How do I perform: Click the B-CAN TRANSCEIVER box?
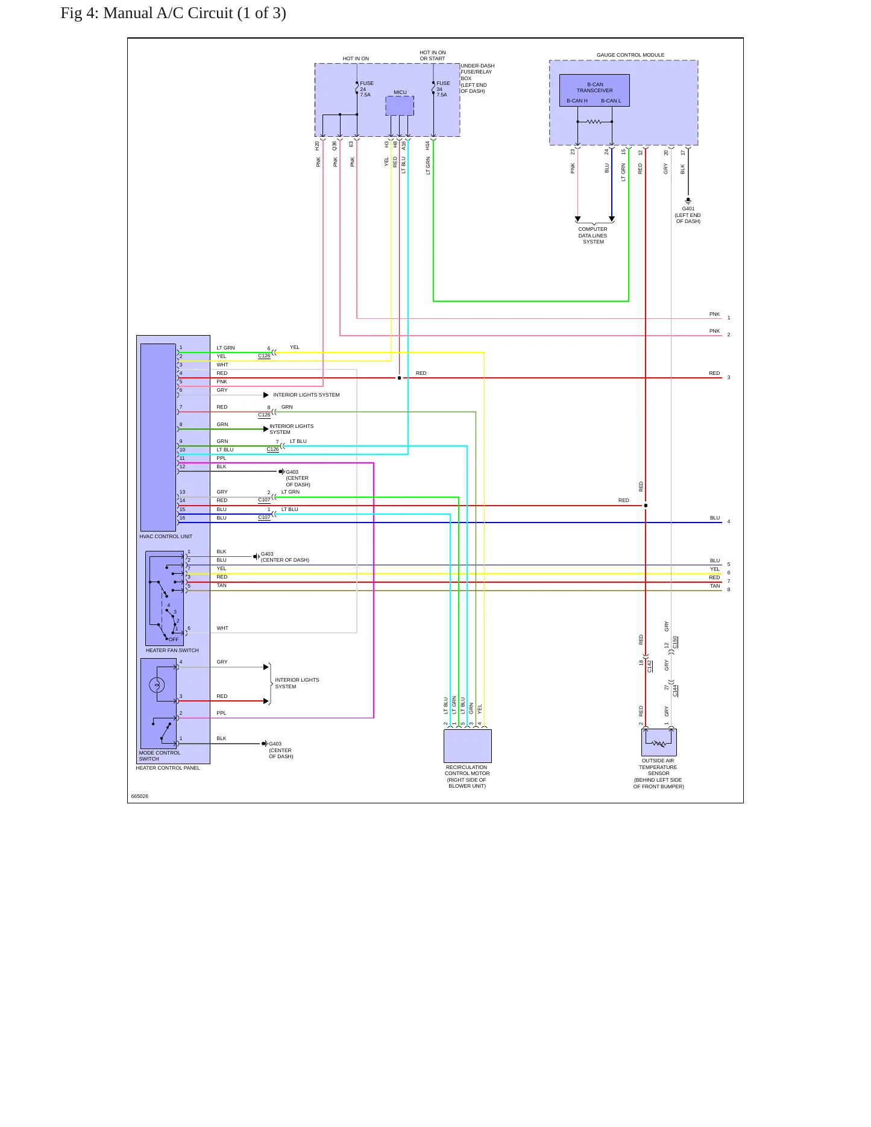click(x=594, y=90)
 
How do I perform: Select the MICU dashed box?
click(x=400, y=106)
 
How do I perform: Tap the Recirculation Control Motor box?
click(x=468, y=746)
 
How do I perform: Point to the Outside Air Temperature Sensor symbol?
click(x=659, y=742)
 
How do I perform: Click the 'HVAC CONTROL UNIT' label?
click(x=166, y=536)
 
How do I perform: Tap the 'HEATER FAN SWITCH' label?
click(x=172, y=650)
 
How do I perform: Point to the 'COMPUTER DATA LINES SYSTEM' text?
click(x=593, y=236)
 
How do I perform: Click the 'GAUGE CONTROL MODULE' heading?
click(x=630, y=55)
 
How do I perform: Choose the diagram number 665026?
click(x=140, y=796)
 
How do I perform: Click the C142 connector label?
click(x=650, y=666)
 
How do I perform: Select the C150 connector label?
click(x=675, y=642)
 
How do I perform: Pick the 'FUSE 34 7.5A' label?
click(x=443, y=89)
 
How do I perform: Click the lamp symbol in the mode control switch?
click(x=157, y=685)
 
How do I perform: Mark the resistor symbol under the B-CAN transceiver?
click(x=594, y=122)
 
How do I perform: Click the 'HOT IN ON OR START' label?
click(x=433, y=55)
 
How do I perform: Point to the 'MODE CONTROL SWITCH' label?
click(x=160, y=756)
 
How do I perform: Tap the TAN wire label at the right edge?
click(x=715, y=586)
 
